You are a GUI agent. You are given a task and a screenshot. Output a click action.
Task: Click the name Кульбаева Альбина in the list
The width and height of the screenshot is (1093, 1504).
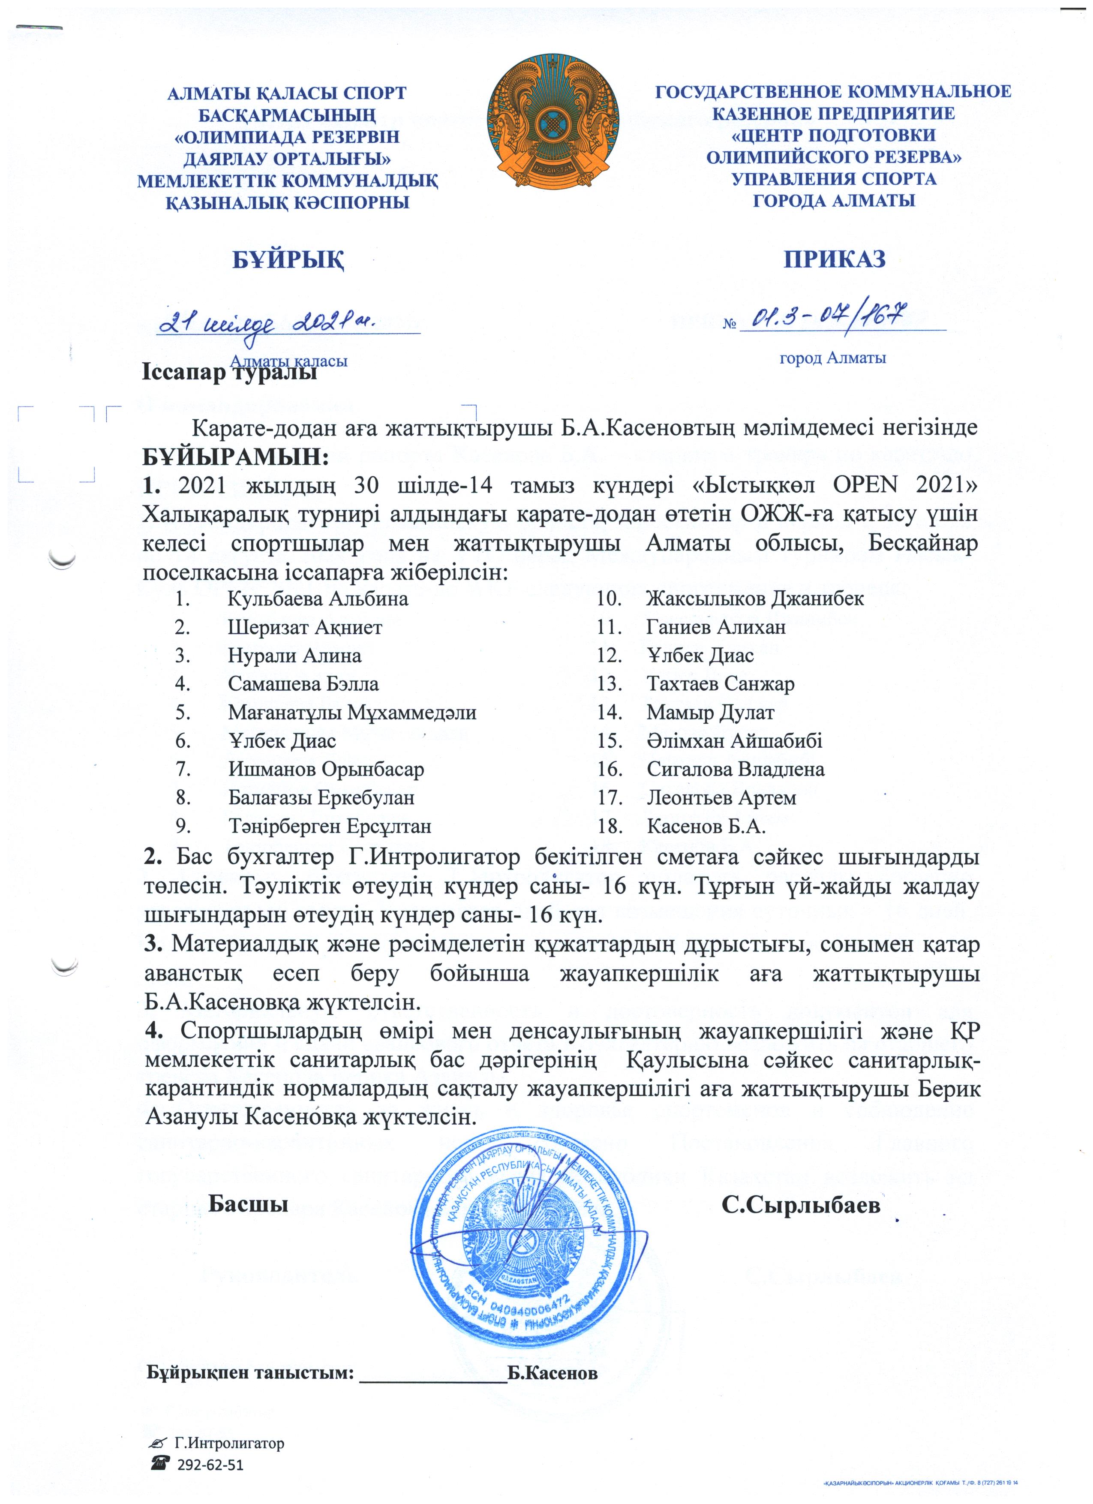pos(318,599)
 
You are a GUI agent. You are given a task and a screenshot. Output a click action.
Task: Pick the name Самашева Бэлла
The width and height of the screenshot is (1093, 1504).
pos(303,684)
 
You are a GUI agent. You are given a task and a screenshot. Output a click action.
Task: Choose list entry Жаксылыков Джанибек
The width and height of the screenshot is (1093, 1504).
pos(754,599)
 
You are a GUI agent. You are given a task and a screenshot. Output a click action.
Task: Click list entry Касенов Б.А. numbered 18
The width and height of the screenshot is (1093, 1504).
pos(706,826)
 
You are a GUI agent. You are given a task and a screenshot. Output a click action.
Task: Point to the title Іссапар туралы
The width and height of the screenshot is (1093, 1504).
pos(229,373)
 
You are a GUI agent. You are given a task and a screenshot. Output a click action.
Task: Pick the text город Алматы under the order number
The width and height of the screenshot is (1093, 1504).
pos(832,359)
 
